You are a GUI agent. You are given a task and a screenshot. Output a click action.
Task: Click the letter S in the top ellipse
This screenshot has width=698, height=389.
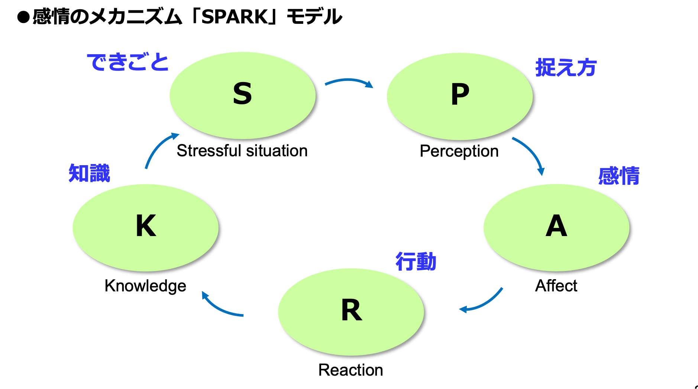click(242, 94)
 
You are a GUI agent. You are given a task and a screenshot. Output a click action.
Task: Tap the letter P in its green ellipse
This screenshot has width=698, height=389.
click(460, 94)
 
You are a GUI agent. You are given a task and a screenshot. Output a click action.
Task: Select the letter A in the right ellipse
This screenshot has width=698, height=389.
click(556, 226)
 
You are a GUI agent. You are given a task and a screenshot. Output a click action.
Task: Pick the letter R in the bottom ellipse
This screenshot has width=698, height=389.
click(351, 310)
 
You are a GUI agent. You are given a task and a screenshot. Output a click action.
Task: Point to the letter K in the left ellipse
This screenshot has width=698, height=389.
click(146, 226)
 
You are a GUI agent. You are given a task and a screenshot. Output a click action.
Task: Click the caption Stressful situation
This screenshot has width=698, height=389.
click(242, 151)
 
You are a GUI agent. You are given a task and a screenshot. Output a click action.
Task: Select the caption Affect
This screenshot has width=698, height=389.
click(556, 286)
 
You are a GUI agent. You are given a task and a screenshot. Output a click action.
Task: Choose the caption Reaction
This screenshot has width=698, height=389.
click(350, 370)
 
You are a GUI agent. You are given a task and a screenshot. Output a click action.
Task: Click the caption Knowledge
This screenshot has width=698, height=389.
click(145, 286)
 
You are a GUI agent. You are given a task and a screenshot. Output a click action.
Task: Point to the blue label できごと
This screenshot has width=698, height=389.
click(128, 62)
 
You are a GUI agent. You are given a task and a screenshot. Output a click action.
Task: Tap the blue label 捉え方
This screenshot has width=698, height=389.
click(566, 68)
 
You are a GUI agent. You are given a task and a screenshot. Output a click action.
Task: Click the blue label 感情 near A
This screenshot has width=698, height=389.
click(619, 176)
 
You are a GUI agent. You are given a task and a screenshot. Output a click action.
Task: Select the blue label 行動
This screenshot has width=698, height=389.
click(416, 262)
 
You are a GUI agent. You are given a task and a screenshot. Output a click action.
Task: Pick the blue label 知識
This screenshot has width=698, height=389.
click(89, 173)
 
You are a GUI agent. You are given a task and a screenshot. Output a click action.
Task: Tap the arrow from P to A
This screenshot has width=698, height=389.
click(532, 151)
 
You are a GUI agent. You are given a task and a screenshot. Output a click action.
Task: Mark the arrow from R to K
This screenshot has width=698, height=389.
click(219, 308)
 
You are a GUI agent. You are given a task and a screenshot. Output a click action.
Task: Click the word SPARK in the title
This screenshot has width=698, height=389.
click(235, 17)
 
